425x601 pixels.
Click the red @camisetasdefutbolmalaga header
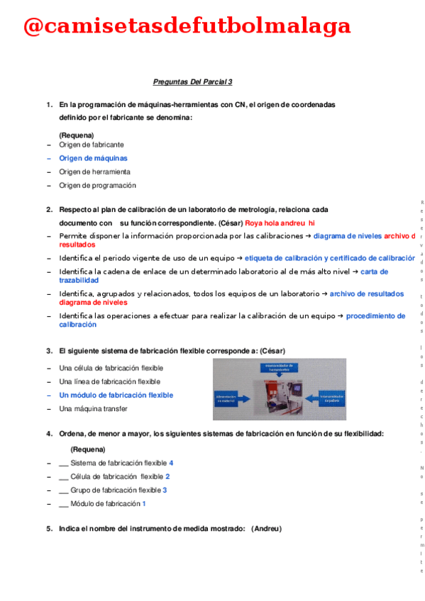click(x=187, y=26)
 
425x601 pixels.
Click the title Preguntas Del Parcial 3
click(x=193, y=82)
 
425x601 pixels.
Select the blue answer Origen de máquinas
click(x=93, y=158)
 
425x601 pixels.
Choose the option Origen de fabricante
click(x=92, y=145)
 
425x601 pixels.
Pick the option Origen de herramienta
click(x=94, y=172)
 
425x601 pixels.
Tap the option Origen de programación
click(x=97, y=186)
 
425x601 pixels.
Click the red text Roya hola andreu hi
click(x=280, y=223)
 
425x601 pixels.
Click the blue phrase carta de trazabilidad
click(x=374, y=271)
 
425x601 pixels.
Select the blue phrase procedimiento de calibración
click(x=375, y=316)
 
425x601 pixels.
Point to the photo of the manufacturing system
click(x=280, y=389)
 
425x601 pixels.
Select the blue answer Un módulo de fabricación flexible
click(x=116, y=395)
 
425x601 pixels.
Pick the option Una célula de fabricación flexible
click(x=111, y=368)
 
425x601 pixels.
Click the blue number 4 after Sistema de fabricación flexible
click(x=171, y=463)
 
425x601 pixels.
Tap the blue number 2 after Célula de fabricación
click(x=167, y=476)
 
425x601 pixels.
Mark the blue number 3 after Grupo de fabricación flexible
click(x=165, y=490)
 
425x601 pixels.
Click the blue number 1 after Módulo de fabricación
click(x=144, y=503)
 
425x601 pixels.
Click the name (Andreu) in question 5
click(x=266, y=529)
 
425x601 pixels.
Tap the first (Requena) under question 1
click(x=77, y=135)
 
